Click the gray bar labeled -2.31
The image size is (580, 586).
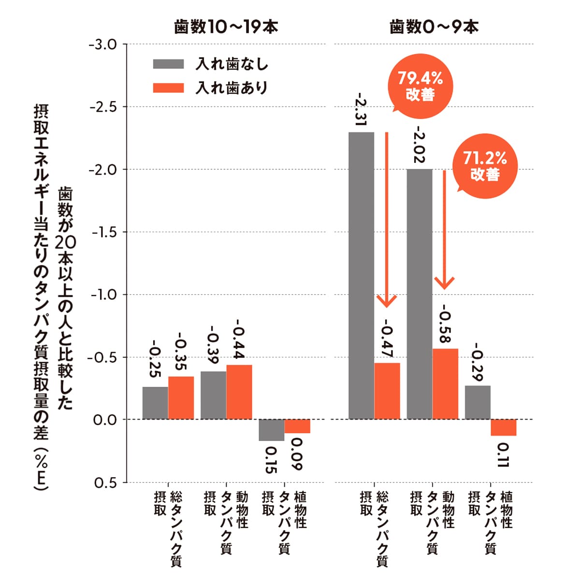tap(361, 276)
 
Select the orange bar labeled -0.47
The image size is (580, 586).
tap(387, 391)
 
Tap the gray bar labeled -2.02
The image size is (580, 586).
tap(420, 294)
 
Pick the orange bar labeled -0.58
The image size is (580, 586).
tap(445, 384)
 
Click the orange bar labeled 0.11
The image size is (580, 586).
tap(503, 427)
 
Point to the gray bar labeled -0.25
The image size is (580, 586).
tap(155, 403)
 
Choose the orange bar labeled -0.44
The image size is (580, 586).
tap(239, 392)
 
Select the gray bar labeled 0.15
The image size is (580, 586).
tap(271, 430)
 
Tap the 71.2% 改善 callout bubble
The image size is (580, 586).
tap(485, 166)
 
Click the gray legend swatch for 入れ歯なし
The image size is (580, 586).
tap(168, 64)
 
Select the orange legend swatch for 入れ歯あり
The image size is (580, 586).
tap(168, 88)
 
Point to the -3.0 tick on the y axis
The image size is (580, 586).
tap(103, 44)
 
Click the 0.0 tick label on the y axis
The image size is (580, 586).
tap(105, 420)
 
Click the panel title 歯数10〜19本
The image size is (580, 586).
tap(226, 27)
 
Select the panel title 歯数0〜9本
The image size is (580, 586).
tap(434, 27)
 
